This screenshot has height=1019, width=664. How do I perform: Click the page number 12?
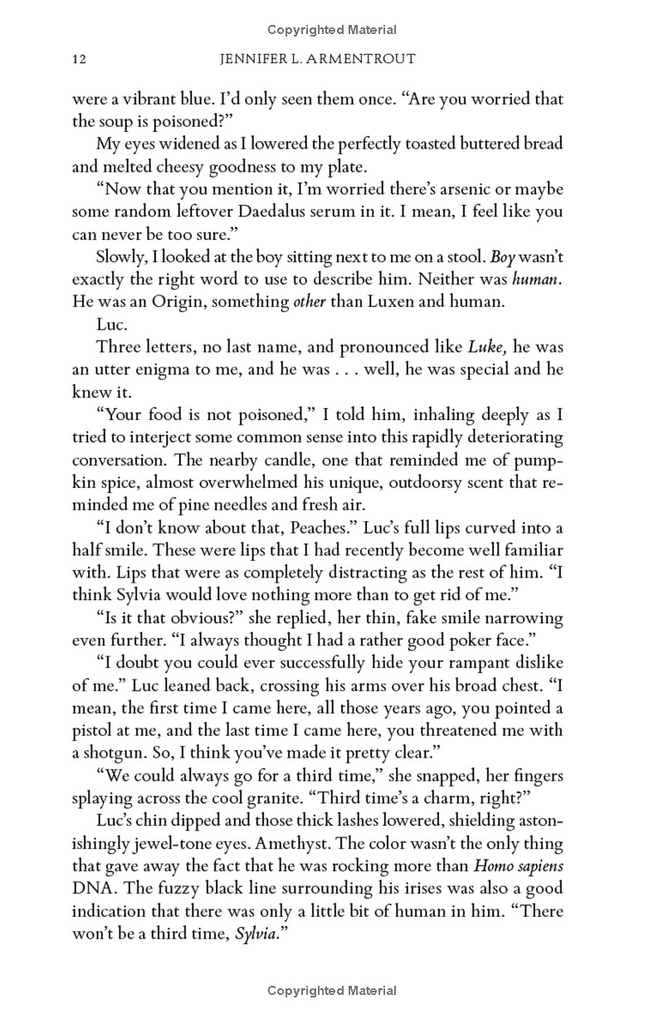81,60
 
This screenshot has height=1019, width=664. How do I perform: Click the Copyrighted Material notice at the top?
332,30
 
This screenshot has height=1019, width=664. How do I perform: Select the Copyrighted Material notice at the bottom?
332,990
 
